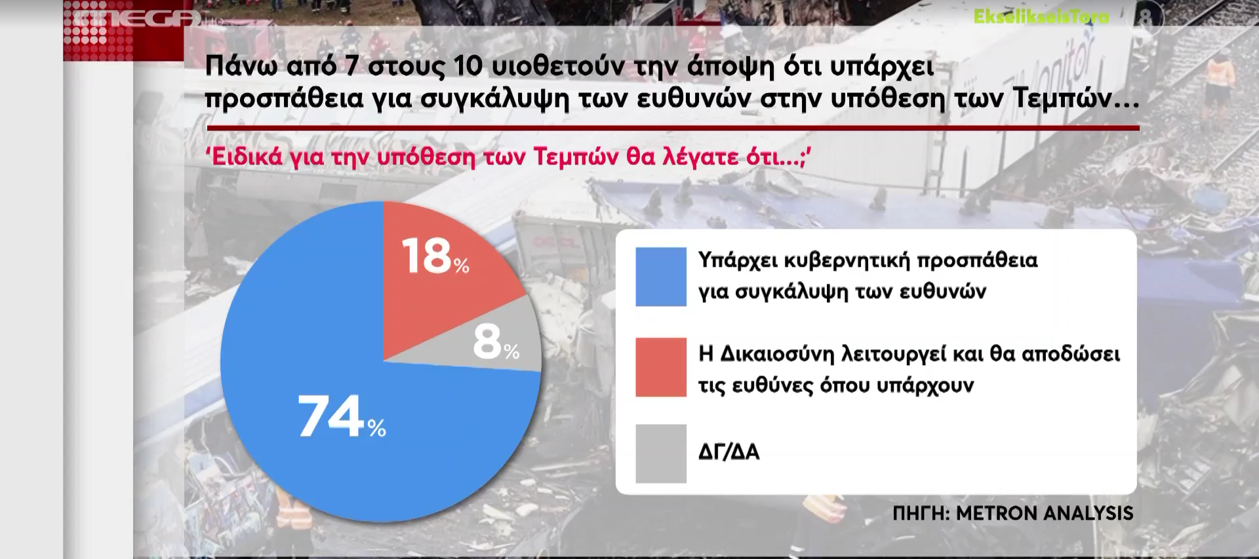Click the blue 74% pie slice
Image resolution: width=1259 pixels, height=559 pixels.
(x=341, y=419)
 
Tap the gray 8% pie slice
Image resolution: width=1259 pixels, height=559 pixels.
(x=485, y=341)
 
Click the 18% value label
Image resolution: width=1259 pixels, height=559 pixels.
(x=435, y=256)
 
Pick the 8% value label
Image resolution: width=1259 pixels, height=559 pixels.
(x=496, y=343)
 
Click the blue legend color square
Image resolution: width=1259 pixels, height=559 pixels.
(x=661, y=277)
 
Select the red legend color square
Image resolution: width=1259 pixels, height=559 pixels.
(x=661, y=367)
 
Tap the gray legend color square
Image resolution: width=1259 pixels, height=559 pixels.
(x=661, y=453)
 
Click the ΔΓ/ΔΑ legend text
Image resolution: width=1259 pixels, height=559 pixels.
(x=729, y=452)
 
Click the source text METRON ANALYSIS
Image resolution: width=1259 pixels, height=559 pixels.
(x=1045, y=513)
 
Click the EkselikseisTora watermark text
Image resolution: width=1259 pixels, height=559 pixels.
(x=1041, y=16)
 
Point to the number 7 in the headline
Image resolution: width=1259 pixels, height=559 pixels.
(x=352, y=66)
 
